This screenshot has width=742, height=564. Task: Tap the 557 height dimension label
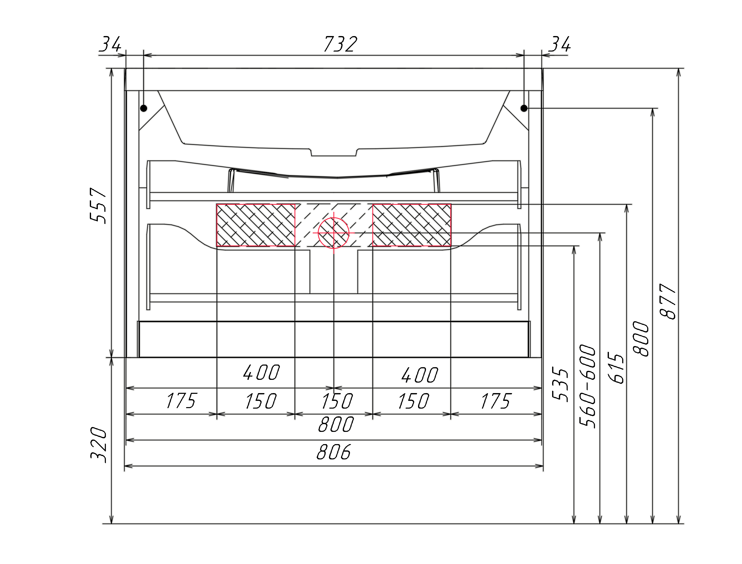coord(98,205)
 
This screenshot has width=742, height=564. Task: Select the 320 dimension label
coord(99,445)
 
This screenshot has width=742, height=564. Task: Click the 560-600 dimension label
coord(588,386)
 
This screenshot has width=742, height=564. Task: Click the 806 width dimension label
coord(333,452)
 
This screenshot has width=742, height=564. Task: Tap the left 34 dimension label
coord(110,44)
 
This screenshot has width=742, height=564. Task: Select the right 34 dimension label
coord(559,44)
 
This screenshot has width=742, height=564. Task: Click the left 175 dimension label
coord(181,401)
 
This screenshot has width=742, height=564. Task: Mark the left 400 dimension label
coord(261,373)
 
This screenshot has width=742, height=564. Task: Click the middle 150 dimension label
coord(337,401)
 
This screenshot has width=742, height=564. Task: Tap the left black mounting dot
coord(144,108)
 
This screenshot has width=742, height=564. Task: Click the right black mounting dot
coord(524,108)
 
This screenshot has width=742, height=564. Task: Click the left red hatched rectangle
coord(256,225)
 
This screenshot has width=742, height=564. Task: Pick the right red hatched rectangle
coord(412,225)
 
